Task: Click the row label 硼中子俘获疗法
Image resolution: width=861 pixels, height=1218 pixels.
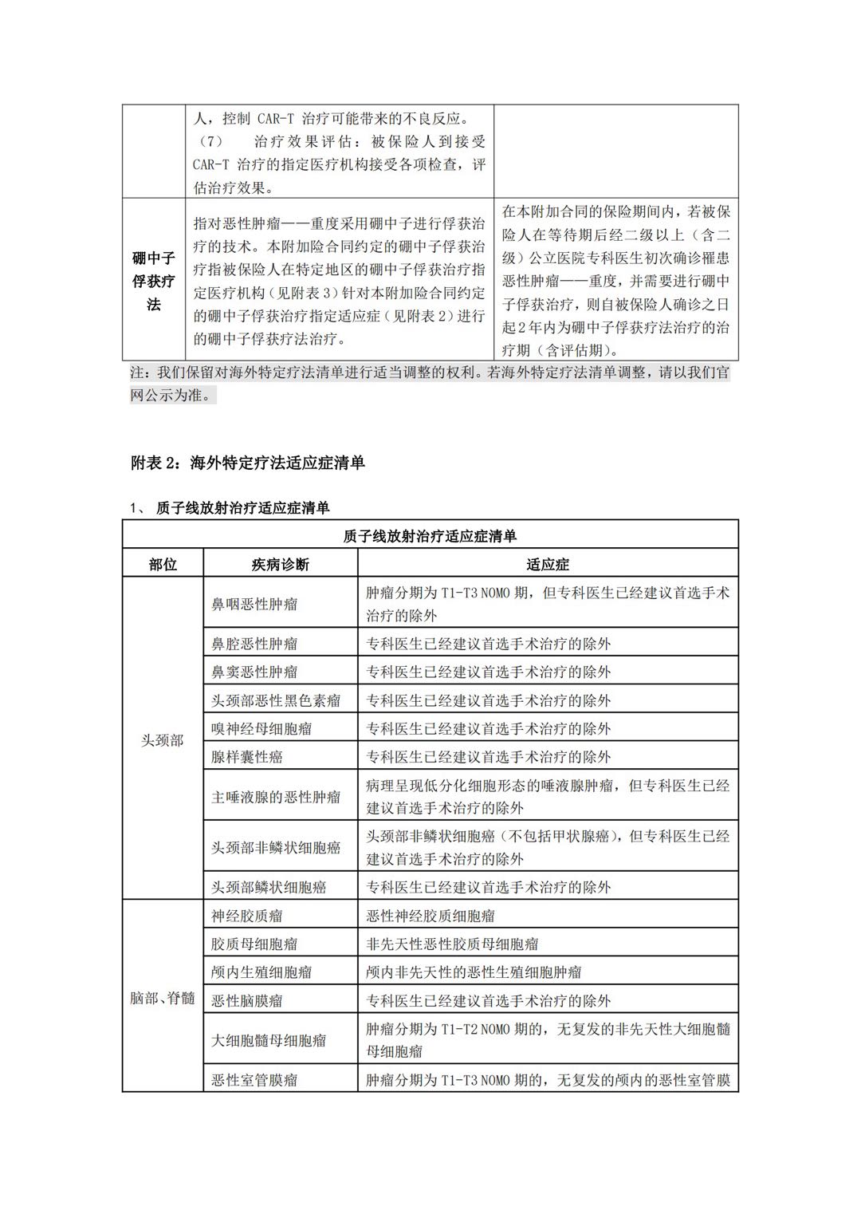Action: click(x=153, y=281)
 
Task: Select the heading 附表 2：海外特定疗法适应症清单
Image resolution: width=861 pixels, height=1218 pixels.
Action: click(x=247, y=463)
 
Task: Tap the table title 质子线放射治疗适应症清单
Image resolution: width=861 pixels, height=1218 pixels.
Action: click(x=430, y=536)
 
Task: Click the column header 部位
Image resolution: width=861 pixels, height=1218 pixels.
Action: click(x=163, y=565)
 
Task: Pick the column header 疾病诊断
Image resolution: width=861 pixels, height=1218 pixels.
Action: click(x=280, y=565)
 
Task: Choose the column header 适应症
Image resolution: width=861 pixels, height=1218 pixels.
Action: click(x=548, y=565)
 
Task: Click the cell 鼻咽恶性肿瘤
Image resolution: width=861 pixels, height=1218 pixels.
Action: click(x=254, y=605)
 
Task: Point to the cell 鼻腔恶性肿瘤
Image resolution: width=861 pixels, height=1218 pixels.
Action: click(x=254, y=644)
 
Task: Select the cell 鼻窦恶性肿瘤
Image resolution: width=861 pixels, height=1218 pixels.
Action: click(x=254, y=672)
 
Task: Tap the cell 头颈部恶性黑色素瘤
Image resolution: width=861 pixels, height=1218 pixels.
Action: click(x=276, y=700)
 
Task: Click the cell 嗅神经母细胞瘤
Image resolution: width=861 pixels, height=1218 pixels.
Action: click(x=261, y=728)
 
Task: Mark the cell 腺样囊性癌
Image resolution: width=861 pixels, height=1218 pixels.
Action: click(x=247, y=757)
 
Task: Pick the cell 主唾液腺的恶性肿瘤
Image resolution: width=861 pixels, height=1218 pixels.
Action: click(x=276, y=797)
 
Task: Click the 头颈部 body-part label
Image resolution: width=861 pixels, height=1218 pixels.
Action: click(x=163, y=741)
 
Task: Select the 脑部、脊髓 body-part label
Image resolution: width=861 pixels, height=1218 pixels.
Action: click(x=163, y=998)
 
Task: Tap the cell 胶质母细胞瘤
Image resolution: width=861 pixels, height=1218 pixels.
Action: click(x=254, y=944)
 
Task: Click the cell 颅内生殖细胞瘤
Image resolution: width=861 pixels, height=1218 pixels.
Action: click(x=261, y=972)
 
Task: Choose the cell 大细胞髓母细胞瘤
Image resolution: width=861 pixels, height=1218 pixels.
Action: click(x=269, y=1040)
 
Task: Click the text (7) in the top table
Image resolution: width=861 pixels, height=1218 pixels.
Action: click(x=208, y=142)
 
